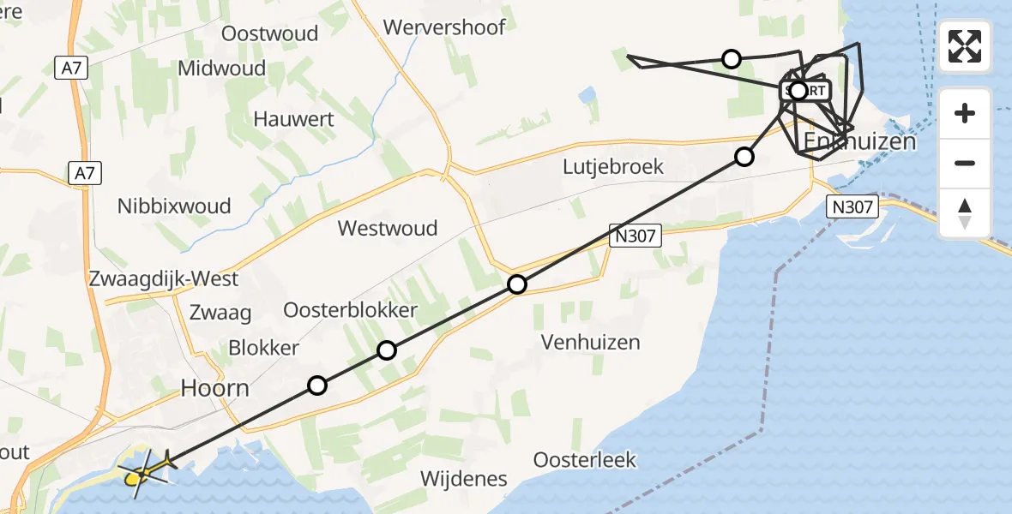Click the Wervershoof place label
coord(444,27)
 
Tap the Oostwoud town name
coord(269,33)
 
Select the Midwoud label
coord(222,69)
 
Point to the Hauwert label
coord(293,119)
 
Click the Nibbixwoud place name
coord(174,206)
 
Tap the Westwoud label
coord(388,228)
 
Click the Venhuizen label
coord(591,342)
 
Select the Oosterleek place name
coord(585,460)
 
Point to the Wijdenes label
coord(463,479)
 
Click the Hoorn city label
coord(214,388)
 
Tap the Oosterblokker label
coord(350,310)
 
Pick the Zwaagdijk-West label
coord(164,279)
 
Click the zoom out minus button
coord(965,163)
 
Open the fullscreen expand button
coord(965,46)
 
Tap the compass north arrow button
coord(965,212)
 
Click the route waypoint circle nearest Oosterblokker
coord(387,350)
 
